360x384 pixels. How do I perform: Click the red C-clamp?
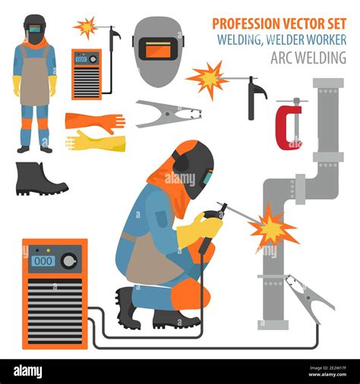[x=288, y=125]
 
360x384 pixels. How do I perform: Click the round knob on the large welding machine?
[x=70, y=260]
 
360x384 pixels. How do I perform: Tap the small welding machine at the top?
[x=86, y=73]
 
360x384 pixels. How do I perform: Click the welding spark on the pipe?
[x=272, y=227]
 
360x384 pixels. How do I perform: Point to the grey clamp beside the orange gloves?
[x=167, y=114]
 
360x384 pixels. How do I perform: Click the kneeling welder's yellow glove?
[x=199, y=229]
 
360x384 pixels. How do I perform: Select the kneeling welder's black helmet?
[x=194, y=170]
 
